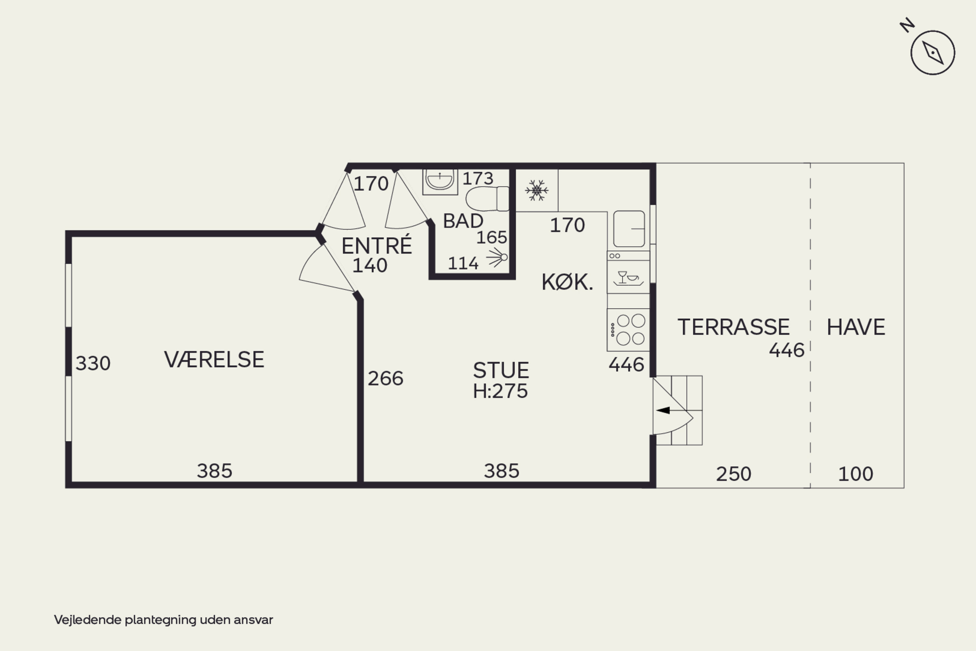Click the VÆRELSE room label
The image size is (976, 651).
point(214,360)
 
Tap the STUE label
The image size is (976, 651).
point(501,370)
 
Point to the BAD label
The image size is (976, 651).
point(463,221)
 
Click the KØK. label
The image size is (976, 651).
point(567,282)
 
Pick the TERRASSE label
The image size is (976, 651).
point(734,327)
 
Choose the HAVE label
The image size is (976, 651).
point(856,327)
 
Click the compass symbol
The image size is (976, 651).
point(933,52)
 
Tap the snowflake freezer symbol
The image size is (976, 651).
point(536,190)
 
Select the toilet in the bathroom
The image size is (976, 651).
point(487,199)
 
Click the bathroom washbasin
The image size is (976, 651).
point(440,182)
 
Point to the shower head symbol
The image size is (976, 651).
point(497,257)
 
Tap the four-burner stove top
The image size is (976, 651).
point(628,330)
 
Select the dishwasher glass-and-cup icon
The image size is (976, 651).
point(628,278)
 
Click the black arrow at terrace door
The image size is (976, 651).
point(663,410)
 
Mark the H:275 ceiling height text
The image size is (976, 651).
point(500,391)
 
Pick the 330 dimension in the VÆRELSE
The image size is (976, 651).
point(93,363)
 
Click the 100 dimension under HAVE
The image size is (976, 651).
point(856,474)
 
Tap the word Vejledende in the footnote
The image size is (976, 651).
point(88,620)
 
